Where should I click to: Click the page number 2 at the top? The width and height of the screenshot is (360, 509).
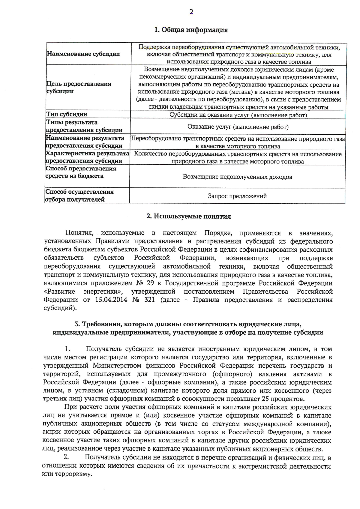[x=191, y=12]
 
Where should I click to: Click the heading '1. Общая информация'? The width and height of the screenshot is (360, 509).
[x=191, y=30]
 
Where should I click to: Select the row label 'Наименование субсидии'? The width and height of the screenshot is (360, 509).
[x=83, y=54]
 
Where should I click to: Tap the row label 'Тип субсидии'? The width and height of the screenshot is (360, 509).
[x=67, y=114]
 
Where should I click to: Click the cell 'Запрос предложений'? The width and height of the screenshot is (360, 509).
[x=237, y=196]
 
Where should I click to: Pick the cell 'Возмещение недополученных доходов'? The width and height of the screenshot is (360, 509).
[x=237, y=177]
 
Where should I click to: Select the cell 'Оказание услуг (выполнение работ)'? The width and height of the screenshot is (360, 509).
[x=238, y=127]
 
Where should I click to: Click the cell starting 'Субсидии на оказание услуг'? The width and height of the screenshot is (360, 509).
[x=238, y=115]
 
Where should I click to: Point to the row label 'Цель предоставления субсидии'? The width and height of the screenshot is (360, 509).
[x=79, y=88]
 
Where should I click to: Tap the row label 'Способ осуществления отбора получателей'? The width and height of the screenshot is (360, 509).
[x=79, y=196]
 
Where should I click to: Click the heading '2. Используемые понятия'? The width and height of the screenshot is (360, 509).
[x=188, y=217]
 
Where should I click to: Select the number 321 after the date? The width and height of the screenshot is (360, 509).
[x=149, y=300]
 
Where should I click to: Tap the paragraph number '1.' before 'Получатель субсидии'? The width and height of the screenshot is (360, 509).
[x=67, y=349]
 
